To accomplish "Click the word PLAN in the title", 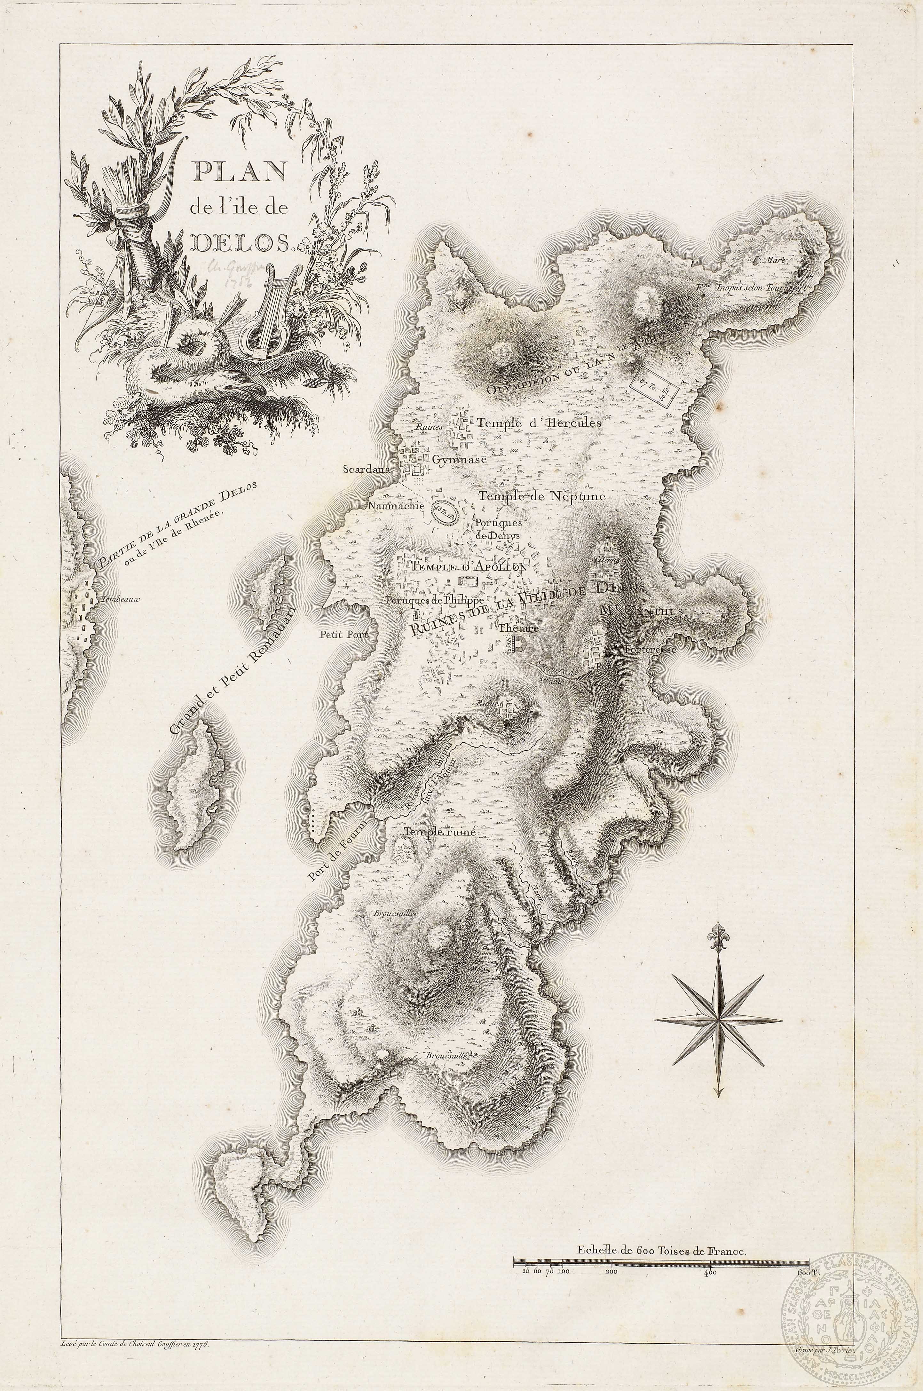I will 238,171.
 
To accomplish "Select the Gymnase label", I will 459,460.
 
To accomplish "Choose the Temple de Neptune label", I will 541,496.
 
